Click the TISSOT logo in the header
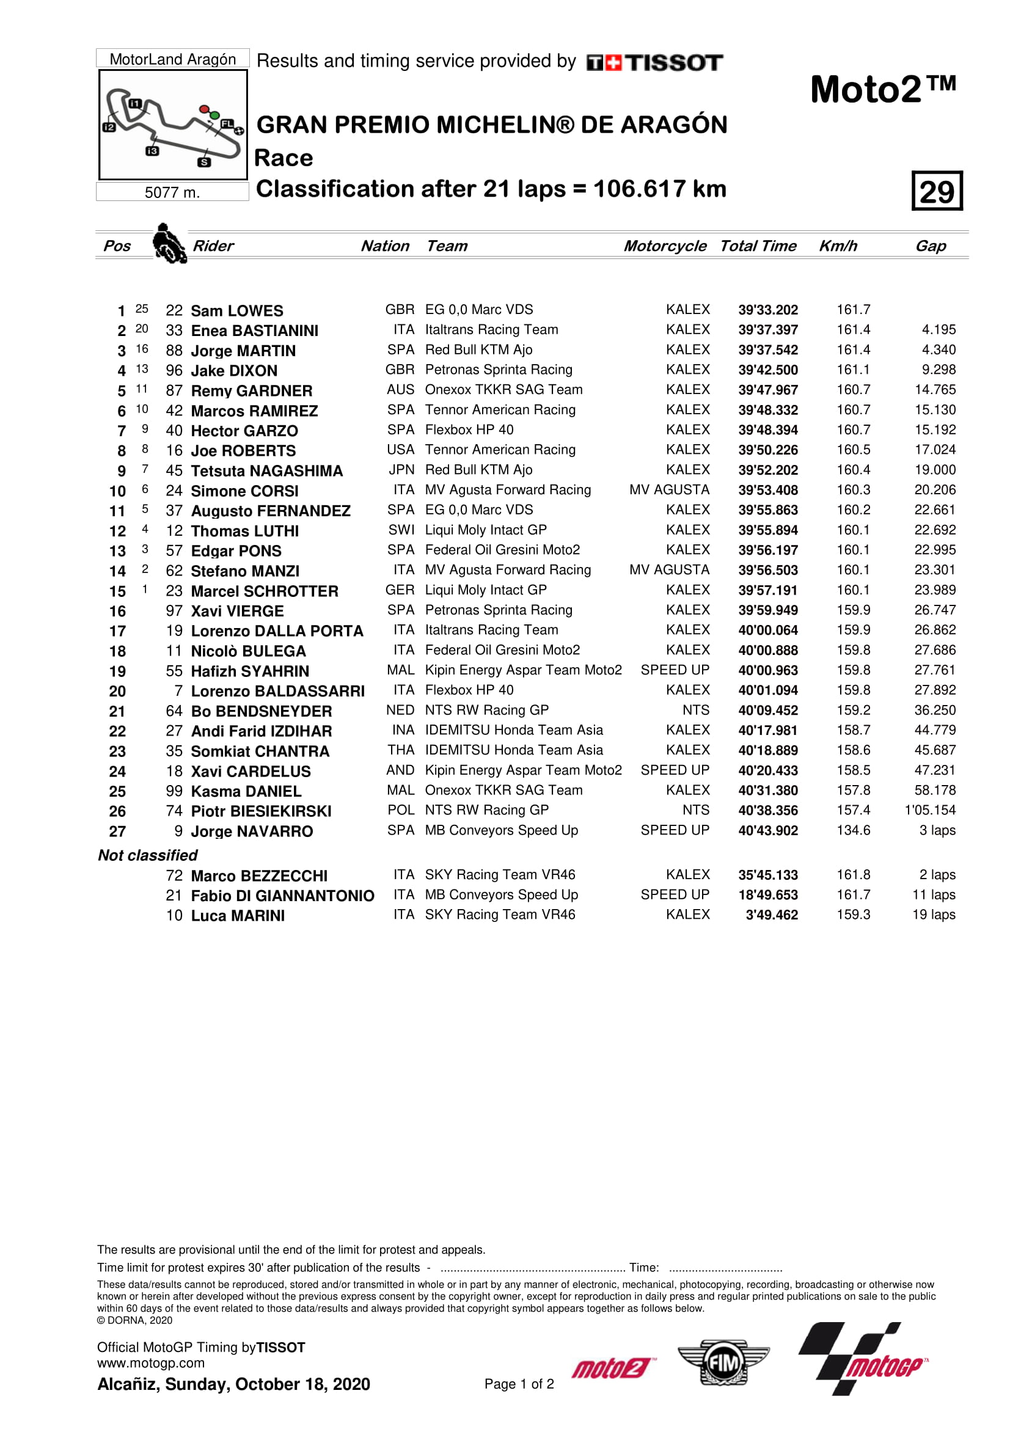[x=654, y=62]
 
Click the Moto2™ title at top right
[x=882, y=90]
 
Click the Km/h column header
[x=837, y=246]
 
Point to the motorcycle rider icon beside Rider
[x=169, y=244]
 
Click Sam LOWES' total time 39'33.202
[x=767, y=310]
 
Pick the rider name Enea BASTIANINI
[x=255, y=331]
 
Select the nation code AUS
[x=400, y=390]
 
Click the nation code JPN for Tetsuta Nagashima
[x=401, y=470]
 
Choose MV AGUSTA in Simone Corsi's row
[x=669, y=490]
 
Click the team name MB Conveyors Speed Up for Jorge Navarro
[x=501, y=830]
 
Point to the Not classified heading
[x=147, y=855]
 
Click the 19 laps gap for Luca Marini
[x=934, y=915]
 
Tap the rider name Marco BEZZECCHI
[x=259, y=875]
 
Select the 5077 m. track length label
[x=172, y=192]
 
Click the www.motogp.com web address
[x=150, y=1363]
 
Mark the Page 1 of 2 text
[x=519, y=1384]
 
